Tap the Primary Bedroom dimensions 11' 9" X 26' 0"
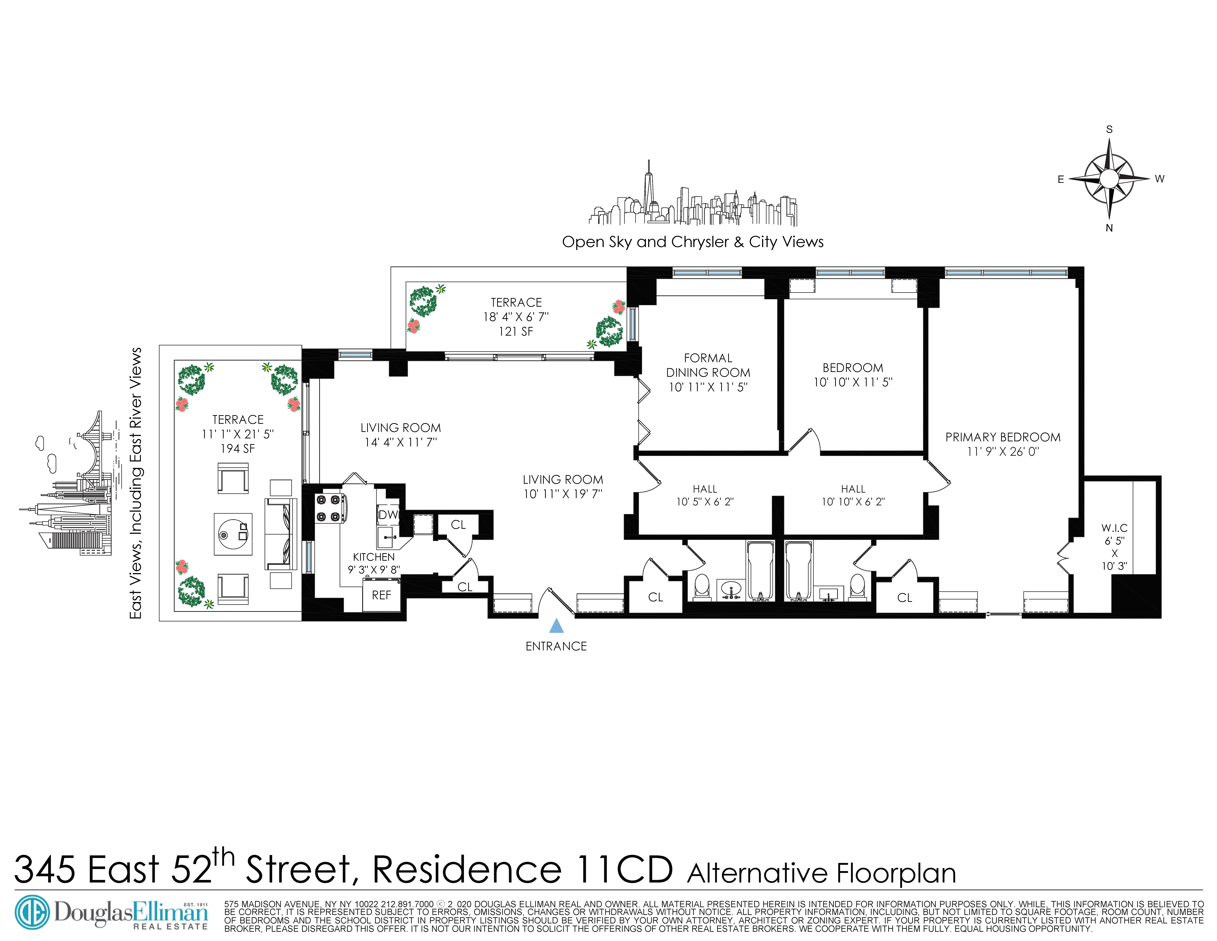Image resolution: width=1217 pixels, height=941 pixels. tap(1003, 451)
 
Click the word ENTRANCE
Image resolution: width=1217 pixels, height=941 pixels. tap(556, 646)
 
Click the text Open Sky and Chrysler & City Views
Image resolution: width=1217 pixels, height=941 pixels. tap(693, 242)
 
